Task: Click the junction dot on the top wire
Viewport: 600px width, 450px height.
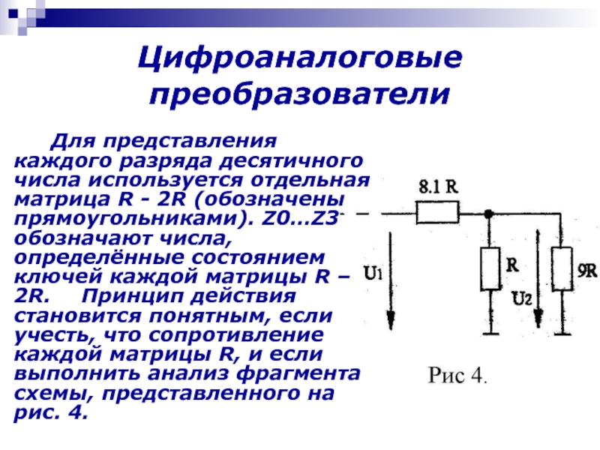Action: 488,214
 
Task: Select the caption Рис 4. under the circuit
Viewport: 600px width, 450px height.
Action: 458,374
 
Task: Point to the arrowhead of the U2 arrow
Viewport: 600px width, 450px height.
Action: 538,319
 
